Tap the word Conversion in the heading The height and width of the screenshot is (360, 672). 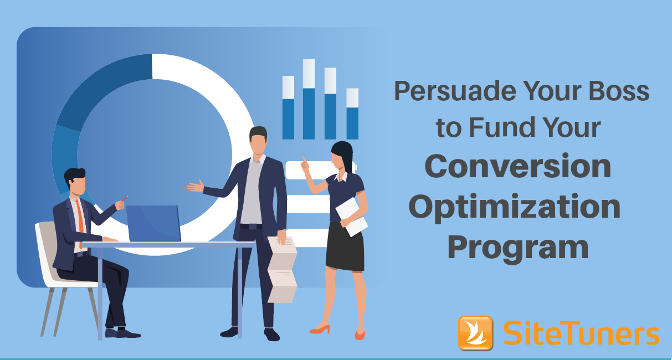(x=518, y=166)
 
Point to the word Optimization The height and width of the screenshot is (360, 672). (x=514, y=207)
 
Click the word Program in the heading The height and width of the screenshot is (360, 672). (x=518, y=248)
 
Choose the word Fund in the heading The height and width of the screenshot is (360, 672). (x=502, y=127)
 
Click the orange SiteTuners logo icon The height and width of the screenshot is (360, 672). (x=475, y=333)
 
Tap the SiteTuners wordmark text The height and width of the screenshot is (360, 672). (x=581, y=333)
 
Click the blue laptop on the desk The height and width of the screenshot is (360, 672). (x=153, y=223)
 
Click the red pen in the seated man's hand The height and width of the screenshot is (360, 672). (x=125, y=199)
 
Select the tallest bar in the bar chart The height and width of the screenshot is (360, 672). (x=309, y=99)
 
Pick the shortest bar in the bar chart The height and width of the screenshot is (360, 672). (x=352, y=114)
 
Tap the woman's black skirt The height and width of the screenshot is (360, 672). (x=345, y=246)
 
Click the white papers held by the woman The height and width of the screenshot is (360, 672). (x=351, y=217)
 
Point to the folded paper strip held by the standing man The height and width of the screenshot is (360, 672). (x=282, y=269)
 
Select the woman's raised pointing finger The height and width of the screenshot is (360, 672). (x=304, y=159)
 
